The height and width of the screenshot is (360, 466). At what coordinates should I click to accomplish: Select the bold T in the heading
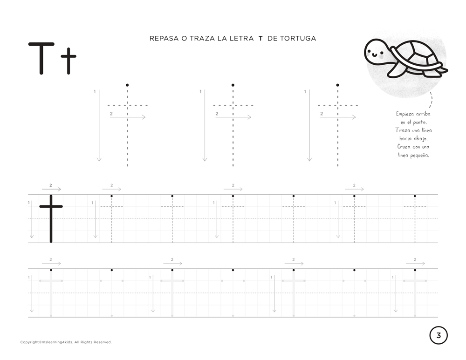point(260,38)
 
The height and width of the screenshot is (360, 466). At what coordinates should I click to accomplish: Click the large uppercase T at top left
point(41,58)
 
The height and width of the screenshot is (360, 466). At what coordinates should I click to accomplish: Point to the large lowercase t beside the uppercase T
point(69,61)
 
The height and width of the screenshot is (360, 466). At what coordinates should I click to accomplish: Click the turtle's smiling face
point(375,54)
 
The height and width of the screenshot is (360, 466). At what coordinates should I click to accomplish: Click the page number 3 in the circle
point(439,335)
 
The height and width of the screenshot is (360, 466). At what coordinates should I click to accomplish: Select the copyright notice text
point(66,342)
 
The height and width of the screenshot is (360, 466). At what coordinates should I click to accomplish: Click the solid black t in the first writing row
point(51,218)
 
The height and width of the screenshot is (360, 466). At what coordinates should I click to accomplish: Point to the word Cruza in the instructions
point(404,147)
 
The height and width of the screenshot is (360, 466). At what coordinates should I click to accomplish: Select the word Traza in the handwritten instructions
point(402,130)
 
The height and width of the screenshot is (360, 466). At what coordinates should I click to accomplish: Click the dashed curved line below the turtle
point(431,100)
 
